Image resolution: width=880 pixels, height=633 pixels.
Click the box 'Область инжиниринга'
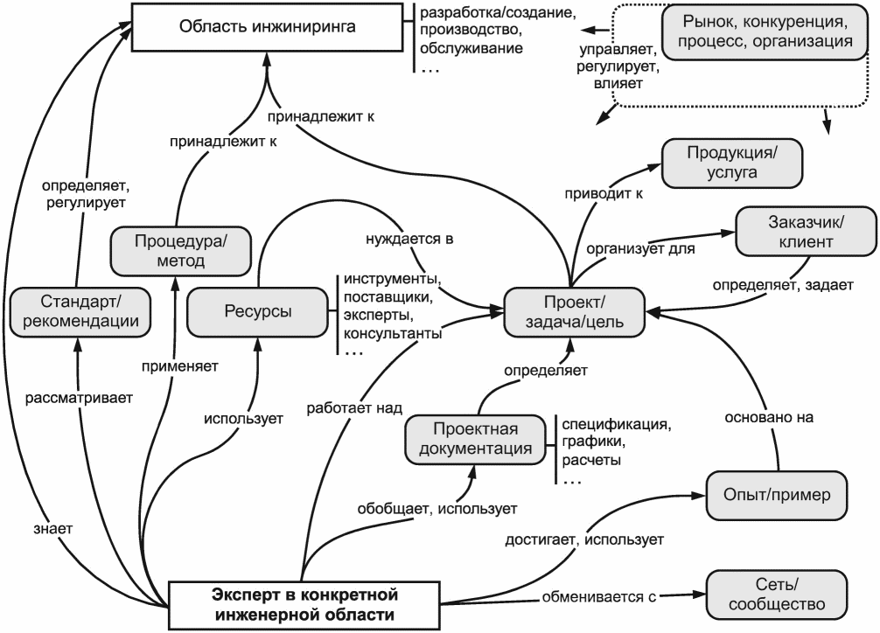point(267,27)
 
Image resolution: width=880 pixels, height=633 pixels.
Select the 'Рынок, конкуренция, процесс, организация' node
point(765,32)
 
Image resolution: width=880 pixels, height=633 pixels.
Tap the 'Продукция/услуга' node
point(732,163)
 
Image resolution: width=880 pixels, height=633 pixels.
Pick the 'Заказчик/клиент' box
point(806,231)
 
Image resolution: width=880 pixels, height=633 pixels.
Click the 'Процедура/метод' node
point(181,251)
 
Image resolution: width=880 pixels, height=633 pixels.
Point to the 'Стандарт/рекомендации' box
point(80,312)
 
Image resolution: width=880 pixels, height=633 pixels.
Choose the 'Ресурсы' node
point(257,312)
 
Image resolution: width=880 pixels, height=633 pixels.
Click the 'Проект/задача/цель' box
point(574,312)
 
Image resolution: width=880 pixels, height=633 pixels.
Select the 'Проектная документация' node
point(475,440)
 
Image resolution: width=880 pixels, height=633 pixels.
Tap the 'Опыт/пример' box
point(777,496)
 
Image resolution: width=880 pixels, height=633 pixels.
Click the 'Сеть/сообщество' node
point(777,595)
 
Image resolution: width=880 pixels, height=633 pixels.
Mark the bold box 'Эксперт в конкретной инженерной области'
point(304,605)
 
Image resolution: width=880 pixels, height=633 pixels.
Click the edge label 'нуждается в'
point(409,239)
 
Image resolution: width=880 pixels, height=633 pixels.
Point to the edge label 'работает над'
point(354,408)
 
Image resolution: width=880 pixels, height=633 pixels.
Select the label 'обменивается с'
point(599,596)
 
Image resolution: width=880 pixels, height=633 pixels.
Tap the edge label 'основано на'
point(768,417)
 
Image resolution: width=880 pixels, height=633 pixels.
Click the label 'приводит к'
point(604,193)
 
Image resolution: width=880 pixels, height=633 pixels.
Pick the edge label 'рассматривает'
point(79,398)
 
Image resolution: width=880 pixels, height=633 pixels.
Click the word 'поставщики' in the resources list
point(388,297)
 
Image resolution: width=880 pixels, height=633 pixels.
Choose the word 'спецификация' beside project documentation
point(617,424)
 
